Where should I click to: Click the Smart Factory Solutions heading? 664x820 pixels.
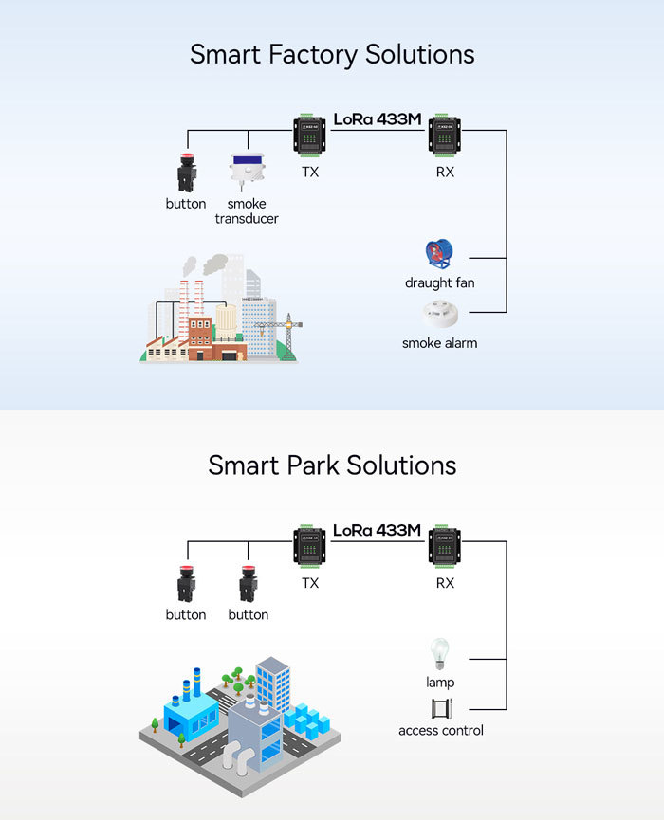click(332, 53)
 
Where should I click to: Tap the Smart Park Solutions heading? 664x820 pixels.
click(332, 465)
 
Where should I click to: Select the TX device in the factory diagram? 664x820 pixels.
click(310, 136)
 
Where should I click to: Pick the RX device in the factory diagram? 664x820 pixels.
click(444, 136)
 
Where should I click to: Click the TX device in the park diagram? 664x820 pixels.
click(310, 547)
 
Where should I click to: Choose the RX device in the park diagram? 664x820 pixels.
click(444, 547)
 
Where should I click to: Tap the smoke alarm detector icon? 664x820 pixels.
click(439, 313)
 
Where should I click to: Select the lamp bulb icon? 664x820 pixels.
click(439, 654)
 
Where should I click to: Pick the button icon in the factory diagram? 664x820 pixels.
click(186, 173)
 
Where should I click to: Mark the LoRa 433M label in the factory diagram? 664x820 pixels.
click(377, 119)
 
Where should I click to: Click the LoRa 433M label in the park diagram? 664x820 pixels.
click(377, 531)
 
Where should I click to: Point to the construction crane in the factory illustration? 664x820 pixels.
click(282, 333)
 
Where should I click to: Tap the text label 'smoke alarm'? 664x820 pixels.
click(439, 343)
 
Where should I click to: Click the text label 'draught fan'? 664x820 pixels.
click(439, 282)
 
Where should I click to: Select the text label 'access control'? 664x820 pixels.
click(441, 730)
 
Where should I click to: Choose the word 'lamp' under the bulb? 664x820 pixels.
click(439, 683)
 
